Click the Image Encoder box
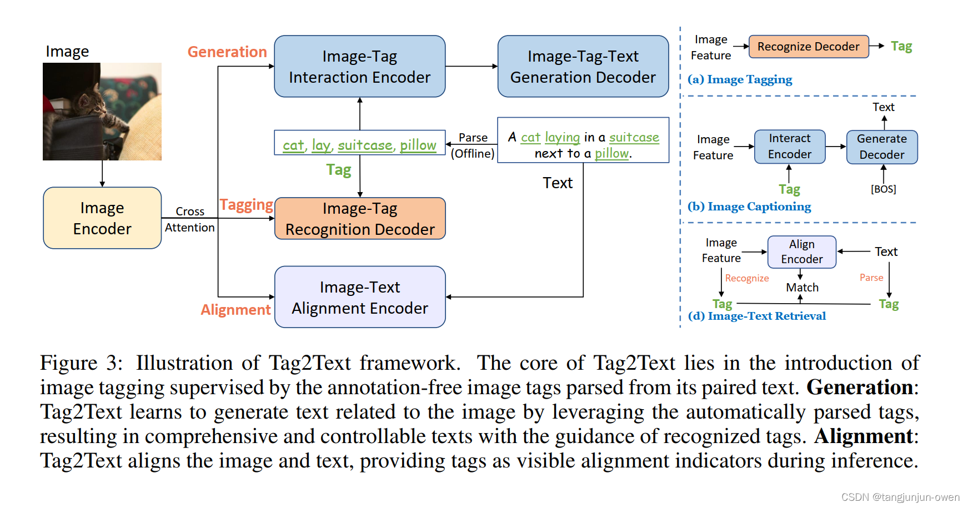tap(102, 218)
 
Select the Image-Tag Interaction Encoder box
tap(359, 67)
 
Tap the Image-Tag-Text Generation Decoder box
tap(583, 67)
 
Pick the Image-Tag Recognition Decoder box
tap(360, 219)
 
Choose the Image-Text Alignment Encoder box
tap(360, 297)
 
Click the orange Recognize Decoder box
tap(808, 47)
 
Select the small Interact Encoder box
tap(789, 147)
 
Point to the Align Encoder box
tap(801, 252)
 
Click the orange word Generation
tap(227, 52)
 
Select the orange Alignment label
tap(235, 310)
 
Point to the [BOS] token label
tap(883, 189)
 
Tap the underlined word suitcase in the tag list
tap(365, 145)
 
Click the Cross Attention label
tap(189, 219)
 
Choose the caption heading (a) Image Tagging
tap(740, 80)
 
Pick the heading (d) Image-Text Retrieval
tap(756, 316)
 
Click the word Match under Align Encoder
tap(802, 288)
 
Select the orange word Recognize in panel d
tap(746, 278)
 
